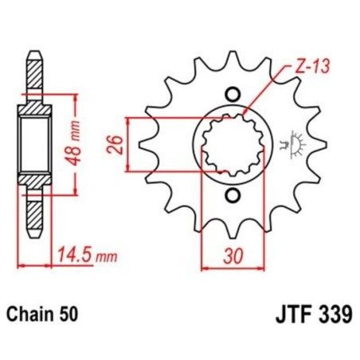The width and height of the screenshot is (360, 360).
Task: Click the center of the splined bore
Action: (x=231, y=144)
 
